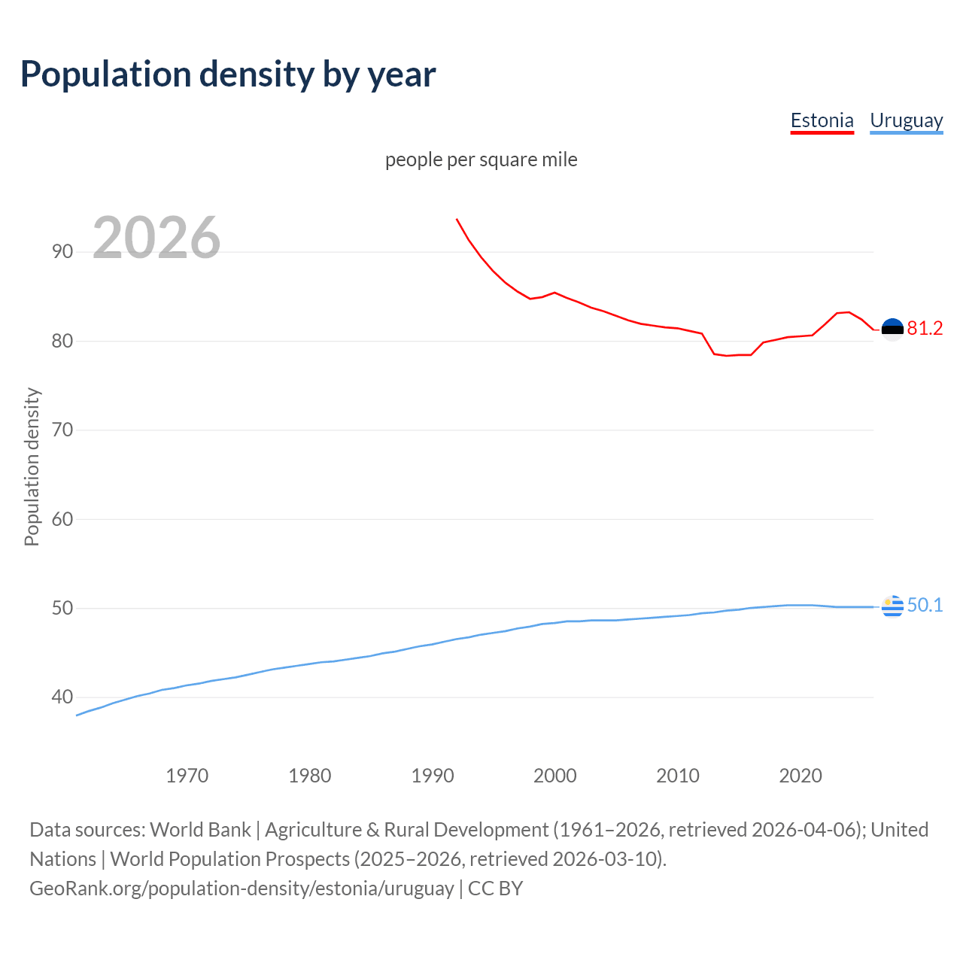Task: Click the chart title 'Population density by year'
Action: click(x=228, y=74)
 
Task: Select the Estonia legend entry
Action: click(x=822, y=120)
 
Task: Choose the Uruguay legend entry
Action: click(x=906, y=120)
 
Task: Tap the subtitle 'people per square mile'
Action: click(x=481, y=159)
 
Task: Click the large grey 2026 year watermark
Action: click(x=156, y=238)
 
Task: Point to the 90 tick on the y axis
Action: click(x=62, y=251)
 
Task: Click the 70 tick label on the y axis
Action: click(x=62, y=430)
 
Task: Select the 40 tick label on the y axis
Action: click(x=62, y=697)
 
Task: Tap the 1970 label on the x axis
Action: click(x=187, y=776)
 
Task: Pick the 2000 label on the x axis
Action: click(x=554, y=776)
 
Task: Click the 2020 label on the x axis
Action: click(x=800, y=776)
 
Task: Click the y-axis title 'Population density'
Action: click(x=32, y=466)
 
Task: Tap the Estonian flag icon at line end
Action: click(x=892, y=329)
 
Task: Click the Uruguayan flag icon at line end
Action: click(x=892, y=606)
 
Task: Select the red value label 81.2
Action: click(x=925, y=328)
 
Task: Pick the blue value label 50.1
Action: click(x=925, y=605)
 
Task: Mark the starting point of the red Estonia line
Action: click(x=457, y=219)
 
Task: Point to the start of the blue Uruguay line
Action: click(x=77, y=715)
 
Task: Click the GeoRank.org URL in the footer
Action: click(x=242, y=889)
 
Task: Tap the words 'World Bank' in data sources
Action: click(x=200, y=830)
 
